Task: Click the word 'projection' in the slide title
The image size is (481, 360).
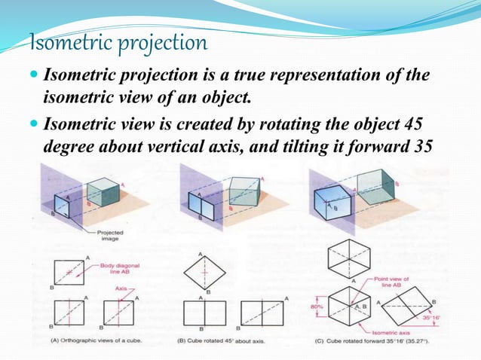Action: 161,44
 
